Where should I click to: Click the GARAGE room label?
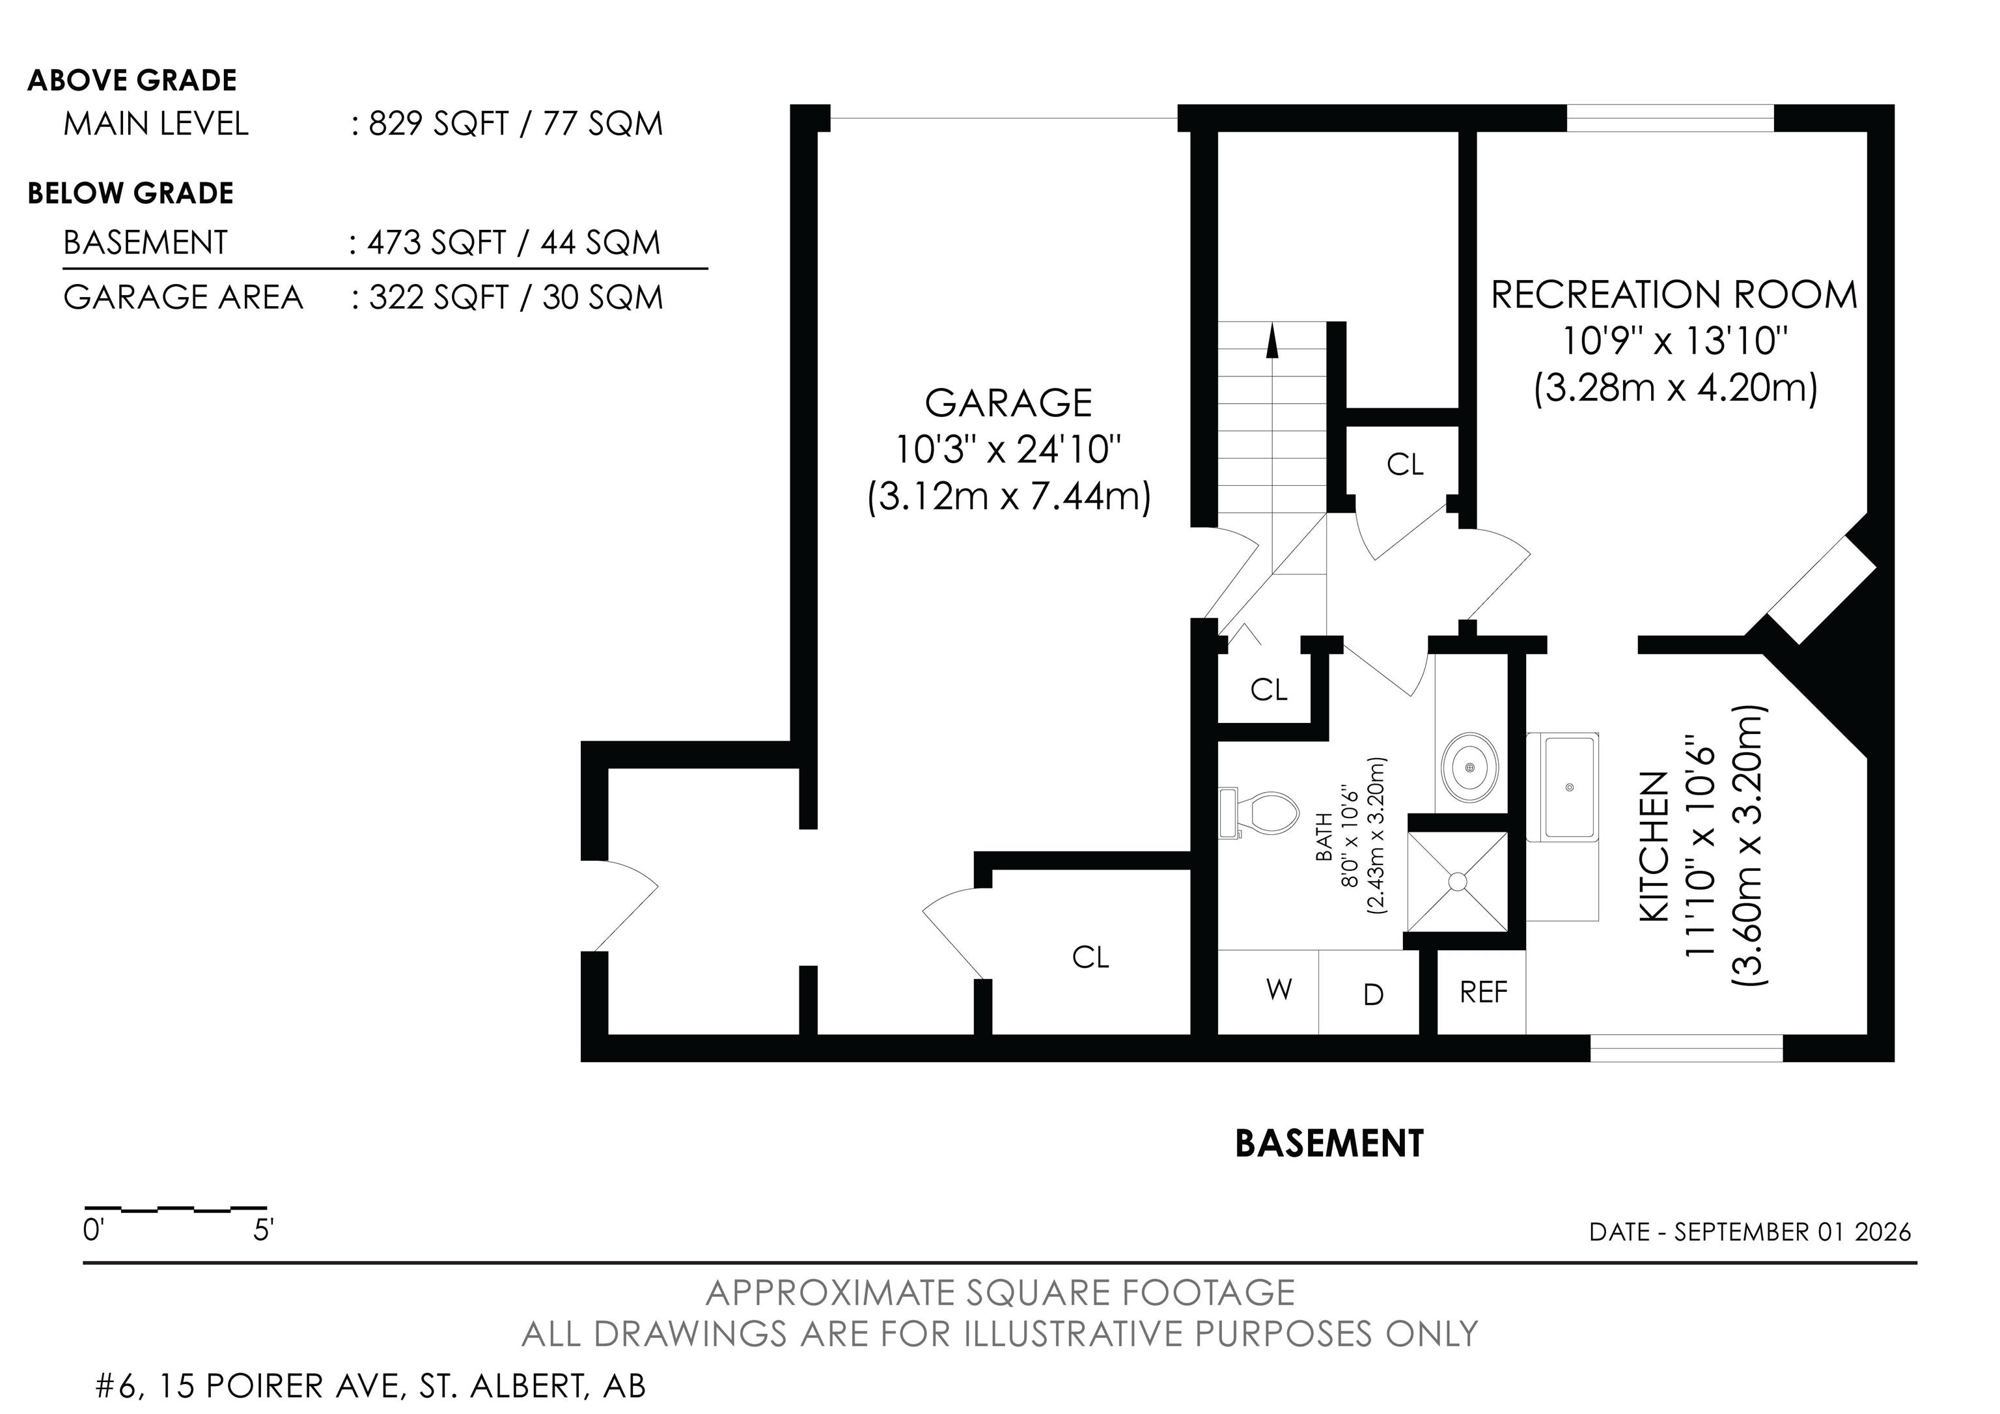pos(1008,403)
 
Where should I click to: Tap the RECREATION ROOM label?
pos(1674,294)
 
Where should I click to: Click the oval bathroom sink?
pos(1471,767)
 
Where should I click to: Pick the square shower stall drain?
pos(1457,882)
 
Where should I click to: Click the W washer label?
pos(1279,989)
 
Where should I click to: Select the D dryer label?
pos(1373,994)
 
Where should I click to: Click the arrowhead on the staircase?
pos(1273,341)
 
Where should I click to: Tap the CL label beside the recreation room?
pos(1405,464)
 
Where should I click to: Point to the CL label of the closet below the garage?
pos(1090,957)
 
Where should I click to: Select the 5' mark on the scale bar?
pos(264,1230)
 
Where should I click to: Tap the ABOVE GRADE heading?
pos(132,80)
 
